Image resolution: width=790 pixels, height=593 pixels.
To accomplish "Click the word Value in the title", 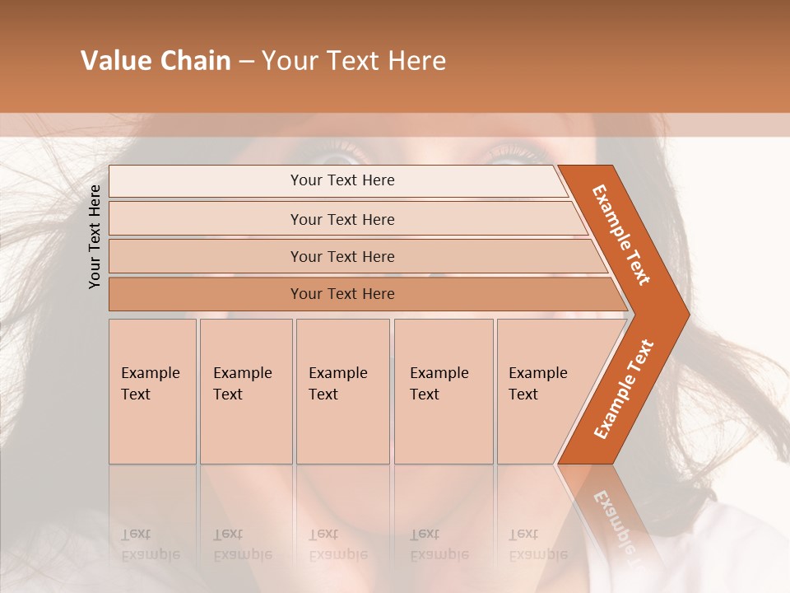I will (114, 61).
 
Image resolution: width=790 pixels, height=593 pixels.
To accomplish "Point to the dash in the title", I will (246, 62).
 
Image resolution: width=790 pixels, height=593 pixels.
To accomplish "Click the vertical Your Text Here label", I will (95, 236).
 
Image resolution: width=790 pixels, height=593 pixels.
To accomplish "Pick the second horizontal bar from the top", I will (342, 219).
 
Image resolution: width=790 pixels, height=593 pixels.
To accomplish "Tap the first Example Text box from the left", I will (152, 391).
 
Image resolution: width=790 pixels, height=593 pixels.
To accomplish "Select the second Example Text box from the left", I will (246, 391).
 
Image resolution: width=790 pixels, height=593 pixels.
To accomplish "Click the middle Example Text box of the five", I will (342, 391).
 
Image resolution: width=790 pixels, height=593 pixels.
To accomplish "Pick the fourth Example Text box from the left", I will (444, 391).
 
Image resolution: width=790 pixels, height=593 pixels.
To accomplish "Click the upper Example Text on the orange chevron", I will (621, 235).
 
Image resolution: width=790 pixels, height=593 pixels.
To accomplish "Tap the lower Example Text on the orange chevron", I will (623, 389).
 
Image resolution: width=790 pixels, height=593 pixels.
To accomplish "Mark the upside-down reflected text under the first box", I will (151, 544).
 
